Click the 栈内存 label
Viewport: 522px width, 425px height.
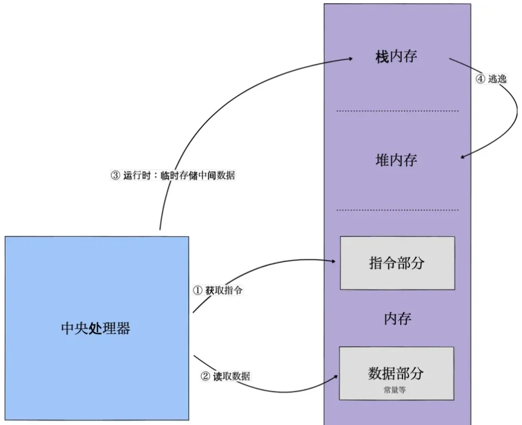396,57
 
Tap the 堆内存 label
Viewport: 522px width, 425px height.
396,160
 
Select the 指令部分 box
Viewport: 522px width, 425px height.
397,263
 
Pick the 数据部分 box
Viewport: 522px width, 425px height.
396,373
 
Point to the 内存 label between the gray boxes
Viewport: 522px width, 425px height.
397,319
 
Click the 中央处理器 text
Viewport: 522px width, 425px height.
96,328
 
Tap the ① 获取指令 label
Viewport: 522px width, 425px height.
218,291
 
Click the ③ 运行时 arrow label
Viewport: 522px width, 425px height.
173,175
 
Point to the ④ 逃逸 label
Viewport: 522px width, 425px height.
491,79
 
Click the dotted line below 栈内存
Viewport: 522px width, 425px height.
397,111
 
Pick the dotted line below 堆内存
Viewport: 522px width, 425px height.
397,211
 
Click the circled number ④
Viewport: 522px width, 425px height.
480,79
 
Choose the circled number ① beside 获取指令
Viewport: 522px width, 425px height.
197,291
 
